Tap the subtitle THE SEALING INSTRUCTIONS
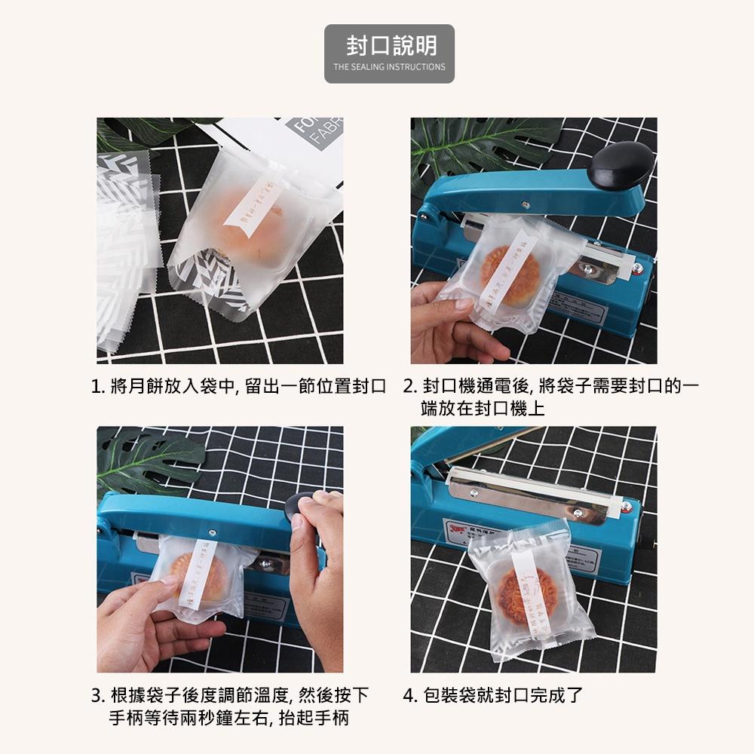pyautogui.click(x=389, y=67)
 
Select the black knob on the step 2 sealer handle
pyautogui.click(x=621, y=166)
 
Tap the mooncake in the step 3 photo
pyautogui.click(x=198, y=577)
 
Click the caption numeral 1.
pyautogui.click(x=96, y=388)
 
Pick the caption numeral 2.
pyautogui.click(x=409, y=388)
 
